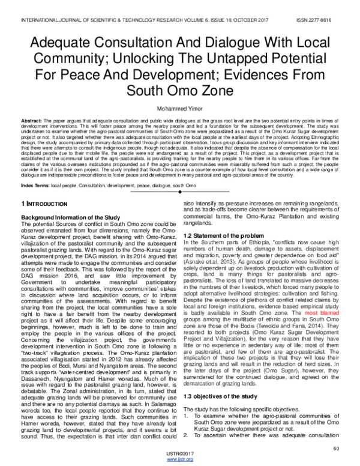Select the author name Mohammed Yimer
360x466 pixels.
point(179,110)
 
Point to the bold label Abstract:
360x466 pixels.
point(30,121)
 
